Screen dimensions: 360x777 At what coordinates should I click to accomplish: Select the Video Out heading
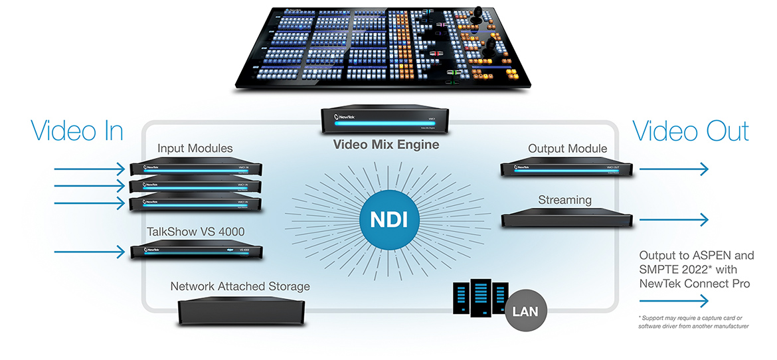[691, 131]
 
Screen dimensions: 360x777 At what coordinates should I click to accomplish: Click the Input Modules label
[195, 147]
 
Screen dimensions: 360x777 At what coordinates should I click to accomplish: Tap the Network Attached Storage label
[240, 287]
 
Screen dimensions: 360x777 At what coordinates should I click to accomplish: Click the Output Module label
[568, 149]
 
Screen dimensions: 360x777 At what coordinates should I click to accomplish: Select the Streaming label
[564, 200]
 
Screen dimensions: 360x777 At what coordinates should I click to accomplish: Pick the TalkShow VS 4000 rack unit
[197, 252]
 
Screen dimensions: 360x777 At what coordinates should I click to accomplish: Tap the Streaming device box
[564, 220]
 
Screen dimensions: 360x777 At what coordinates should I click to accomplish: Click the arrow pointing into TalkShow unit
[90, 252]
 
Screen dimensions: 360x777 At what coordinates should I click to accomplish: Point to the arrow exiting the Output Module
[673, 169]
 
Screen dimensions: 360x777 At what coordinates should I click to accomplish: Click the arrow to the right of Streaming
[673, 220]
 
